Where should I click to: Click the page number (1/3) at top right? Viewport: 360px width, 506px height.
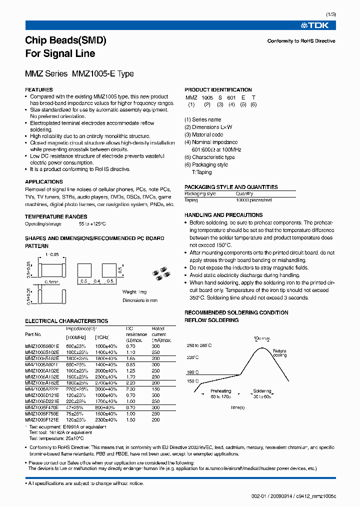330,15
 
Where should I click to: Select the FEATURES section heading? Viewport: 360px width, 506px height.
39,89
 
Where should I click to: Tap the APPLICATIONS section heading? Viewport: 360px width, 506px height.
44,182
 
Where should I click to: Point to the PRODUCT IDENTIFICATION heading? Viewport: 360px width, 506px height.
218,89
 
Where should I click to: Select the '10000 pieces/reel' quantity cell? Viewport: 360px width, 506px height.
253,199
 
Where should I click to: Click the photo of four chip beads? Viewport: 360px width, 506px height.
163,272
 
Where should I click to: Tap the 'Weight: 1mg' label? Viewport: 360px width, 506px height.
134,292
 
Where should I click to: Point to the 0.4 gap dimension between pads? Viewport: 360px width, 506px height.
97,281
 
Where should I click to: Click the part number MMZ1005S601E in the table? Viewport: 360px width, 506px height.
42,346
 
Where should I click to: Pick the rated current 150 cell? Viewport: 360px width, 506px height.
156,388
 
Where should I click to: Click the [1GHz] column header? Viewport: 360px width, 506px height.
102,339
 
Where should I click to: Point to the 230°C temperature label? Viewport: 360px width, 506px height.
193,357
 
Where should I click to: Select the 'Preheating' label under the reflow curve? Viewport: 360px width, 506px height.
220,391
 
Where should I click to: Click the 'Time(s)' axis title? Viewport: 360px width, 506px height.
238,408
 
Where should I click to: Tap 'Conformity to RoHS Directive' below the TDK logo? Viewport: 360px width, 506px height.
301,41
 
